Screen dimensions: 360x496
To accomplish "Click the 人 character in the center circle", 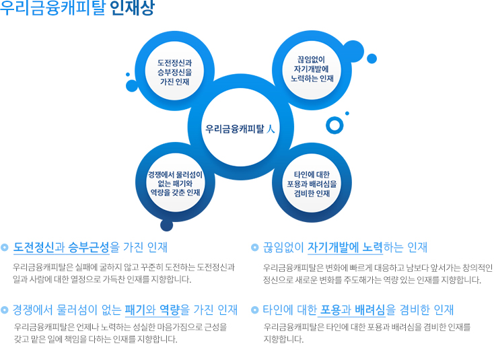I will tap(270, 128).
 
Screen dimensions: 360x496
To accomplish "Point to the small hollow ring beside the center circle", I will tap(334, 124).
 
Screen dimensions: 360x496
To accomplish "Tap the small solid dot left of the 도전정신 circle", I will tap(127, 75).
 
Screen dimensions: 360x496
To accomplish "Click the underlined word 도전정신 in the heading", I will tap(33, 248).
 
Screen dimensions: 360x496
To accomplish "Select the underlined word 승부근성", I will tap(89, 248).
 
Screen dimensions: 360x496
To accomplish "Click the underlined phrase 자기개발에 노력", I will tap(345, 248).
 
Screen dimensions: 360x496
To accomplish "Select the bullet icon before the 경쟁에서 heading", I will tap(5, 310).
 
